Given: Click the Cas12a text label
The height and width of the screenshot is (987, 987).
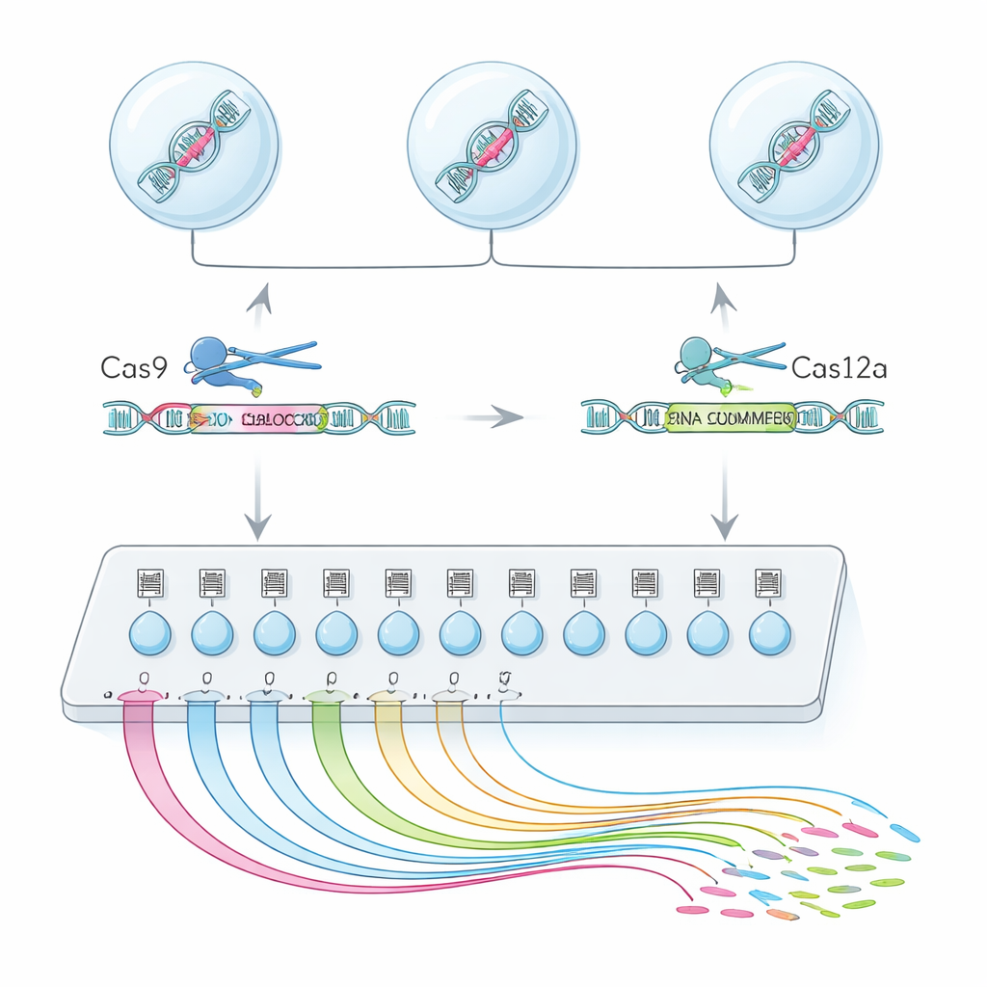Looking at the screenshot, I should pyautogui.click(x=838, y=367).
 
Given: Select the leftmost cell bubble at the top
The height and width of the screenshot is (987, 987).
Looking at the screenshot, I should pyautogui.click(x=195, y=146).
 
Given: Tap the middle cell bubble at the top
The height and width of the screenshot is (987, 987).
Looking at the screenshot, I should pyautogui.click(x=493, y=146).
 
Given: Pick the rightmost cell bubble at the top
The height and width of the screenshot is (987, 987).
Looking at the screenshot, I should pyautogui.click(x=794, y=146).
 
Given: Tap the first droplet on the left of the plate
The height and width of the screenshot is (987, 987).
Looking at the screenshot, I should pyautogui.click(x=150, y=633).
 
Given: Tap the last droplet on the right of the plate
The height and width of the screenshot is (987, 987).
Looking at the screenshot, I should pyautogui.click(x=770, y=633).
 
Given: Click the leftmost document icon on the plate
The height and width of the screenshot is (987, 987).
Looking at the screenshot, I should pyautogui.click(x=150, y=583).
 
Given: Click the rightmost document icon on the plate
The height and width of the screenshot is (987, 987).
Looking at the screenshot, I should pyautogui.click(x=769, y=583).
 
